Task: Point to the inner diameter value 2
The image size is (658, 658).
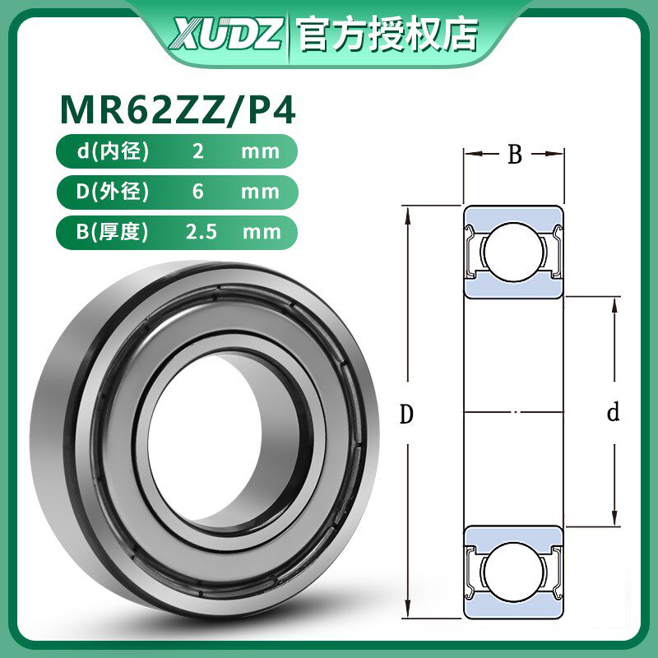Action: tap(197, 151)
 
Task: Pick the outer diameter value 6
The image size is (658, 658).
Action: tap(197, 192)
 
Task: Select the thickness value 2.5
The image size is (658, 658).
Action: tap(202, 232)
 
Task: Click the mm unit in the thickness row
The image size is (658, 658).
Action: tap(262, 232)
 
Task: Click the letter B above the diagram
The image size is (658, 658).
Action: tap(514, 155)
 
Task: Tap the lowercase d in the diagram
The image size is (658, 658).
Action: tap(612, 413)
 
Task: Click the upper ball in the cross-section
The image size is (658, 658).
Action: tap(513, 251)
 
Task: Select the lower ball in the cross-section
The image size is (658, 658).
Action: tap(513, 571)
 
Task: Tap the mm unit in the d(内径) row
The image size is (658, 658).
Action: tap(262, 151)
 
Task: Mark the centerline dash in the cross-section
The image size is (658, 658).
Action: tap(514, 411)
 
